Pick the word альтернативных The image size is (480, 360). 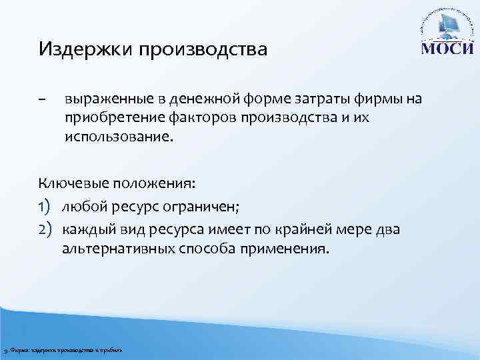coord(118,250)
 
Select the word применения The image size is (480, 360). coord(289,250)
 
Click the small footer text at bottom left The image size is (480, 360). coord(63,351)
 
